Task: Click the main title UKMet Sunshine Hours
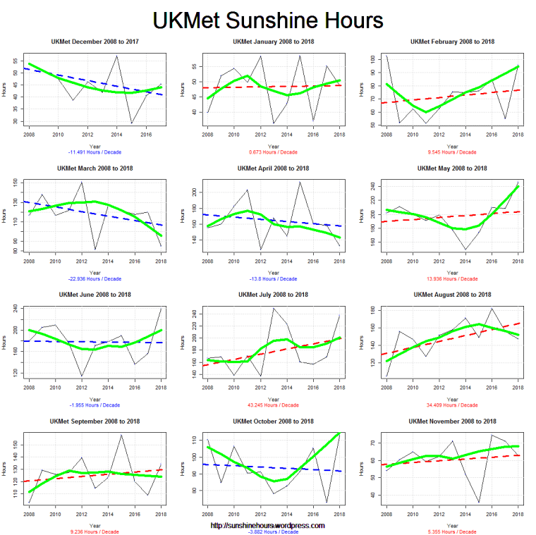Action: [x=268, y=19]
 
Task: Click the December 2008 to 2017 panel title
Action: [x=94, y=42]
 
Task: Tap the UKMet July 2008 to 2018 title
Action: [x=273, y=294]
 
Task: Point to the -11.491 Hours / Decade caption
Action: [x=94, y=152]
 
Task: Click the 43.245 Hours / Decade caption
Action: [x=273, y=405]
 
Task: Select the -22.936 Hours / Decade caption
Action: [x=94, y=278]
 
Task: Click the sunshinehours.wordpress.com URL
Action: [x=268, y=525]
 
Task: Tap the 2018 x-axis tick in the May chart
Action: [x=518, y=259]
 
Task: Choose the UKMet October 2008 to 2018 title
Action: [x=273, y=421]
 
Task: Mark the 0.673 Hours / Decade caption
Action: [x=273, y=152]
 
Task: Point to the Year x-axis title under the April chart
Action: [x=273, y=272]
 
